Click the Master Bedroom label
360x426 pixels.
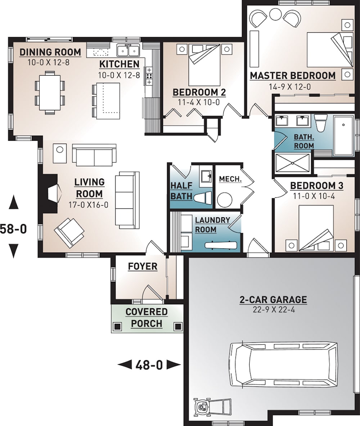tap(293, 76)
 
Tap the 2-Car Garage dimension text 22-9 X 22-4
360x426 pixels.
tap(273, 310)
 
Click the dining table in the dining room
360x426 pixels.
tap(50, 92)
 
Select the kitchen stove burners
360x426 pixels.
tap(148, 76)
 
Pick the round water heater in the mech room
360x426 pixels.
tap(226, 199)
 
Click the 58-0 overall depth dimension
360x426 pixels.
tap(13, 228)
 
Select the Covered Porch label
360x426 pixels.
tap(147, 318)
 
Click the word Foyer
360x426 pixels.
tap(143, 266)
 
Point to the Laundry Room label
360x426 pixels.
tap(212, 225)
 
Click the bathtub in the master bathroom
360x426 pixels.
tap(344, 135)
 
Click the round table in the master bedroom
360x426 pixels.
tap(275, 15)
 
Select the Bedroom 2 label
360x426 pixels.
tap(199, 92)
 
